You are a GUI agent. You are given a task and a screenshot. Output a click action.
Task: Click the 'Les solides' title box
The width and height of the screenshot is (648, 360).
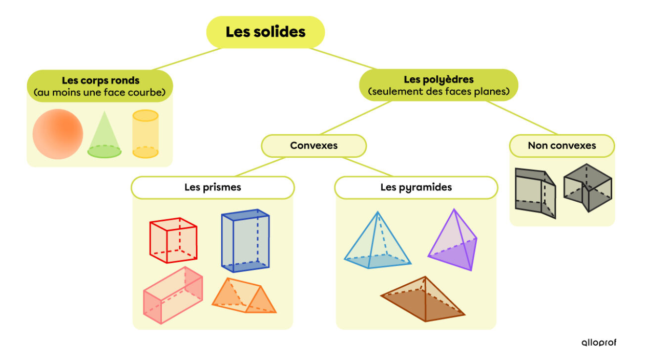265,32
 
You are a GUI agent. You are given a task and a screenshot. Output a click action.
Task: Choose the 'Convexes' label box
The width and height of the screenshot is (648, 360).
313,145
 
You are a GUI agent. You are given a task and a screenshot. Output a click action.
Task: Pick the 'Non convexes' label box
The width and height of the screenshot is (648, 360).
561,145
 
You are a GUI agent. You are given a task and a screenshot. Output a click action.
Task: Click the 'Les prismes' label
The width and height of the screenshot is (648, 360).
213,187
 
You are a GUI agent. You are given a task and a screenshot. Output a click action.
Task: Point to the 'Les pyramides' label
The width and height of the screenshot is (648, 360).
416,187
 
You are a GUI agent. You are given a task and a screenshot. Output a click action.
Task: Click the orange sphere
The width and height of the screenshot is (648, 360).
57,134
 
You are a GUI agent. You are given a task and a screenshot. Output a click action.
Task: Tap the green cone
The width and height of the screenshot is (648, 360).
104,135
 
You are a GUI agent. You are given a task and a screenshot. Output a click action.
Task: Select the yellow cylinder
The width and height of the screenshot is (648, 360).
145,134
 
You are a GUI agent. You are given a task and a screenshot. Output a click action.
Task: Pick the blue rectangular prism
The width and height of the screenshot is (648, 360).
245,241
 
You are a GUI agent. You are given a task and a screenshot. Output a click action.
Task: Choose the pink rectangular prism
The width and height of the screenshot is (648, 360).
172,295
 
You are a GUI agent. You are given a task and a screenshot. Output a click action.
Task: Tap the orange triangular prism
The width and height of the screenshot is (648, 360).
244,296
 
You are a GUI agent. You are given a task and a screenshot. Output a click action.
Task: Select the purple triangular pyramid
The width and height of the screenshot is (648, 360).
453,242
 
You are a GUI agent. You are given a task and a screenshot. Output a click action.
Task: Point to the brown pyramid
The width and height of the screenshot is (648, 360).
423,300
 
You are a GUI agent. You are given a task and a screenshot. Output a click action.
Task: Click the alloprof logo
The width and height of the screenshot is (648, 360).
598,342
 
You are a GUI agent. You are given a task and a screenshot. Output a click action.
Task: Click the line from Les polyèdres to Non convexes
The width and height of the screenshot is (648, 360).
522,117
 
